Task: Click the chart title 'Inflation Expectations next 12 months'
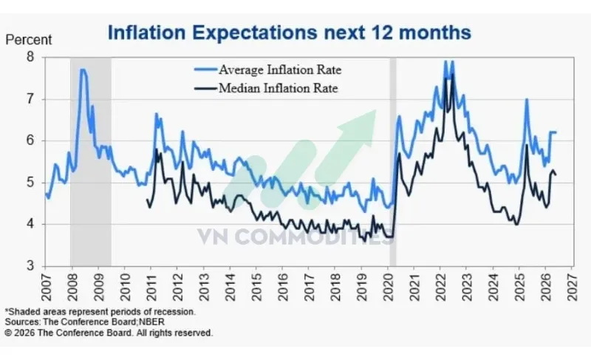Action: pyautogui.click(x=289, y=33)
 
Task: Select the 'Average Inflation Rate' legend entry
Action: pyautogui.click(x=267, y=69)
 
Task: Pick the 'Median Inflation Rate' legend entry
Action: pyautogui.click(x=266, y=88)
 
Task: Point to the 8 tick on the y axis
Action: pyautogui.click(x=30, y=57)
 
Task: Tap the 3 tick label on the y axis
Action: pyautogui.click(x=30, y=266)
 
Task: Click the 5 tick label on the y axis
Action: pyautogui.click(x=30, y=183)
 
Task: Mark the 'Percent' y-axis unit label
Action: pyautogui.click(x=29, y=40)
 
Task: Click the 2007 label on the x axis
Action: pyautogui.click(x=46, y=288)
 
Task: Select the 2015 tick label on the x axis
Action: pyautogui.click(x=256, y=288)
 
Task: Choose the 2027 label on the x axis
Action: pyautogui.click(x=572, y=288)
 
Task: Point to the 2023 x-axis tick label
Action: pyautogui.click(x=467, y=288)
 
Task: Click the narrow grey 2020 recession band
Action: pyautogui.click(x=393, y=162)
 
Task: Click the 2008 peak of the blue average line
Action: pyautogui.click(x=83, y=69)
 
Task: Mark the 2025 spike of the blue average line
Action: pyautogui.click(x=527, y=99)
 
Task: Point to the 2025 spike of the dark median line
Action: pyautogui.click(x=526, y=145)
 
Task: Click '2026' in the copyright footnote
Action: pyautogui.click(x=25, y=333)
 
